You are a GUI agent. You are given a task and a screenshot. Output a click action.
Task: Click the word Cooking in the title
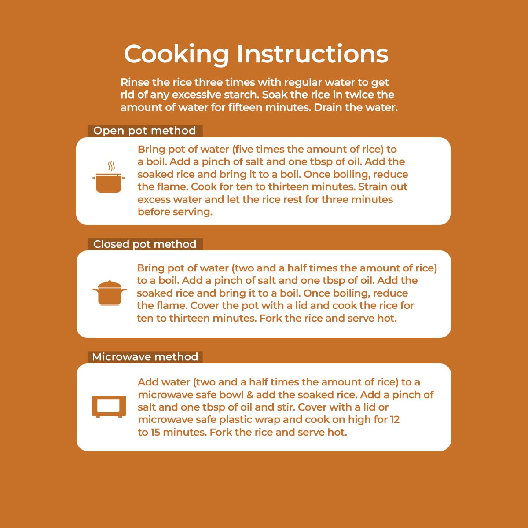point(176,55)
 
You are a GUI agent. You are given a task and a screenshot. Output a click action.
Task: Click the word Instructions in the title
point(313,54)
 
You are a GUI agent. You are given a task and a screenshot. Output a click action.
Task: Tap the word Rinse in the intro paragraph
point(135,82)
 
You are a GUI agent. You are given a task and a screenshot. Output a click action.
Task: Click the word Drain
point(328,107)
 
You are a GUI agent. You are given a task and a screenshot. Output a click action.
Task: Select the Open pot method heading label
point(145,131)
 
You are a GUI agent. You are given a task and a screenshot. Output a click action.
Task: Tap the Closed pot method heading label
point(145,244)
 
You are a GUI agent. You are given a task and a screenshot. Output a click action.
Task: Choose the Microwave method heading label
point(145,357)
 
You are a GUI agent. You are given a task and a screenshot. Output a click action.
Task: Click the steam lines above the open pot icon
point(111,166)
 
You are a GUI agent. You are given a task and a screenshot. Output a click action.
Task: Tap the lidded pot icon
point(110,293)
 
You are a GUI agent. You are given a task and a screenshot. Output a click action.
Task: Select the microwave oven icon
point(109,407)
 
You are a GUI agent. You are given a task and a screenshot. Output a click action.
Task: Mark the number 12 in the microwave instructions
point(393,419)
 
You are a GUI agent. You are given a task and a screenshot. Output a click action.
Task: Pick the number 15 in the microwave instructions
point(155,433)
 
